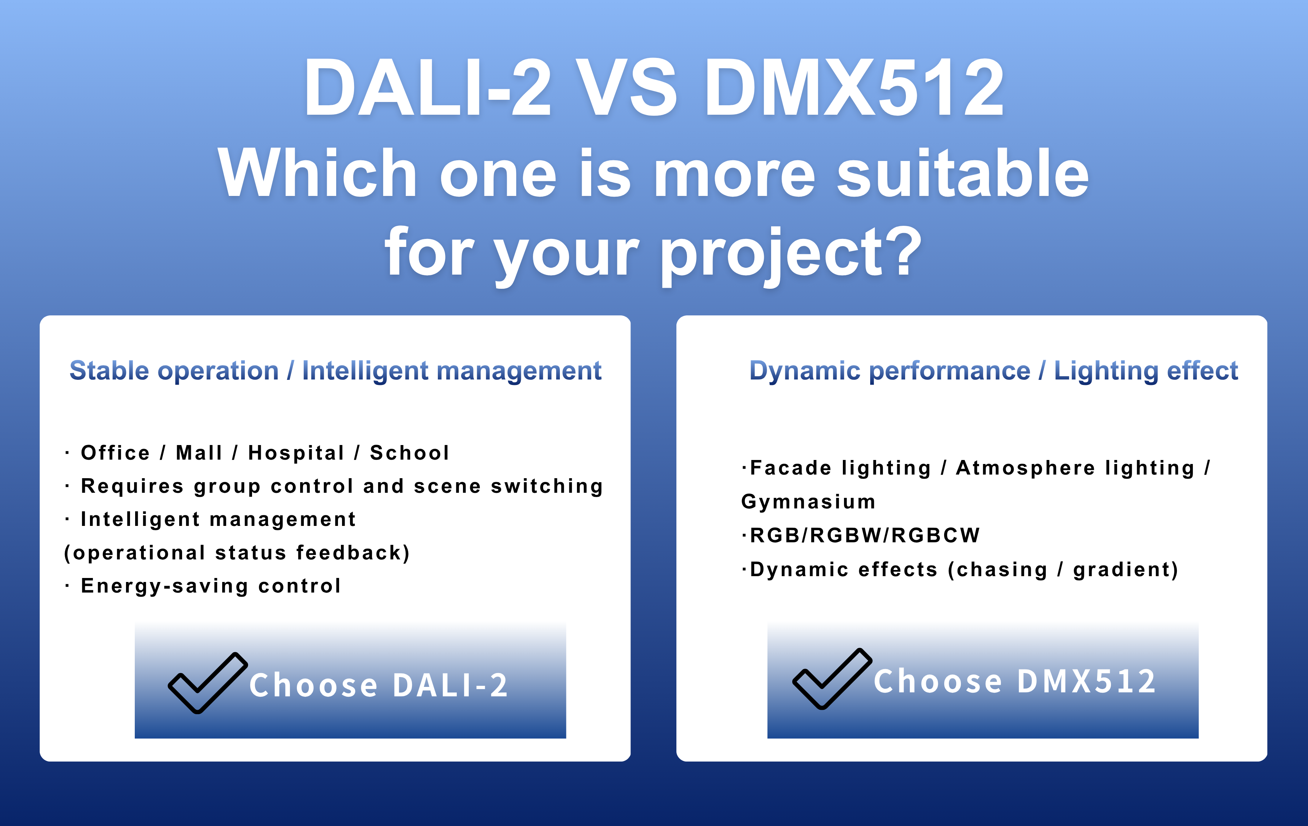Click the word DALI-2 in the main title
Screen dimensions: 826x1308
point(428,88)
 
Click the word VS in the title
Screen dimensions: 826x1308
point(626,88)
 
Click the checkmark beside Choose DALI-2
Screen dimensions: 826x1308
point(208,682)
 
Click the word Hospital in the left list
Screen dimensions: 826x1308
point(296,452)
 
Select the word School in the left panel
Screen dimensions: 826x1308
point(409,452)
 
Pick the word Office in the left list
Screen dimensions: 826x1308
point(115,452)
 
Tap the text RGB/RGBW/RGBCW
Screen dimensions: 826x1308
point(865,535)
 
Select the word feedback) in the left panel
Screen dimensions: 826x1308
point(353,553)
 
